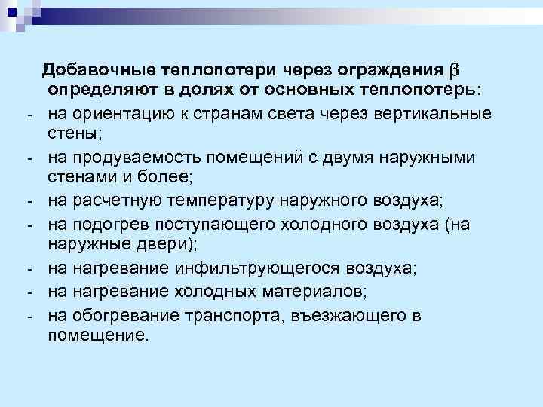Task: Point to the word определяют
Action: pos(98,91)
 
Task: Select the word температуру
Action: pos(222,201)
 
